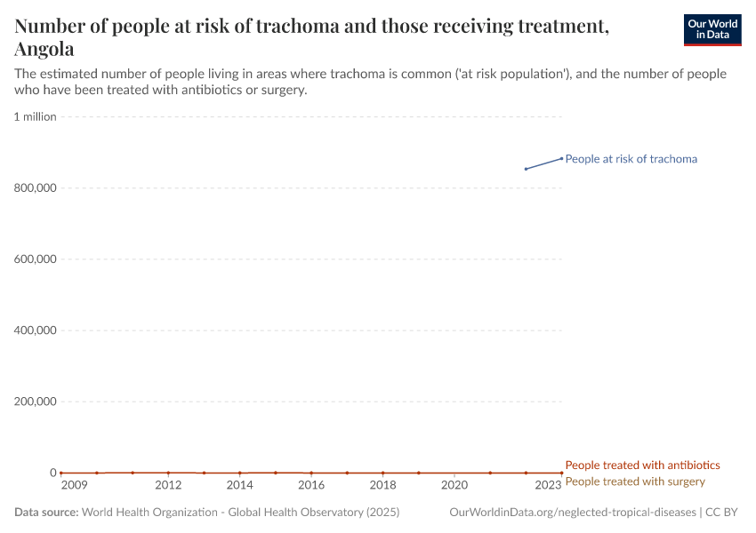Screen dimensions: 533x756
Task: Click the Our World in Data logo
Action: pos(712,29)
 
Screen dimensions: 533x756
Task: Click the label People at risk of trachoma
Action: pos(631,159)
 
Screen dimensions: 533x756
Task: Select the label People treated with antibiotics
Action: pos(642,465)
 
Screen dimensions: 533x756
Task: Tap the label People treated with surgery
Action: pos(634,481)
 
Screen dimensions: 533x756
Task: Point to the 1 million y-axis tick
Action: pos(36,116)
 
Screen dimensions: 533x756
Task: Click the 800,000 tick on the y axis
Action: pos(36,188)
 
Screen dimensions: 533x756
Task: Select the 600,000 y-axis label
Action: pos(36,259)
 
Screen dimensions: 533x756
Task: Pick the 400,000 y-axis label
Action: pos(36,330)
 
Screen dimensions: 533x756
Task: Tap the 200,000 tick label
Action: pos(36,402)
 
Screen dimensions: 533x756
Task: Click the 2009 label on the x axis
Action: pos(74,485)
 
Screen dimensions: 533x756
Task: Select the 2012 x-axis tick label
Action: pos(168,485)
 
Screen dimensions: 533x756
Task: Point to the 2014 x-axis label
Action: pos(239,485)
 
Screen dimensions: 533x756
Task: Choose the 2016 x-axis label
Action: pos(311,485)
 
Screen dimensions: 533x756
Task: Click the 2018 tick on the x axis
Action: pos(382,485)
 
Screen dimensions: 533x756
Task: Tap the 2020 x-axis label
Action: pos(454,485)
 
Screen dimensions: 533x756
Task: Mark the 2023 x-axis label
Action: pos(548,485)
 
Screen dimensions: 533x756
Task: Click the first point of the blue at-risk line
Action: pos(526,169)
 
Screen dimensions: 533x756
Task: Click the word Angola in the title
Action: pos(44,49)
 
